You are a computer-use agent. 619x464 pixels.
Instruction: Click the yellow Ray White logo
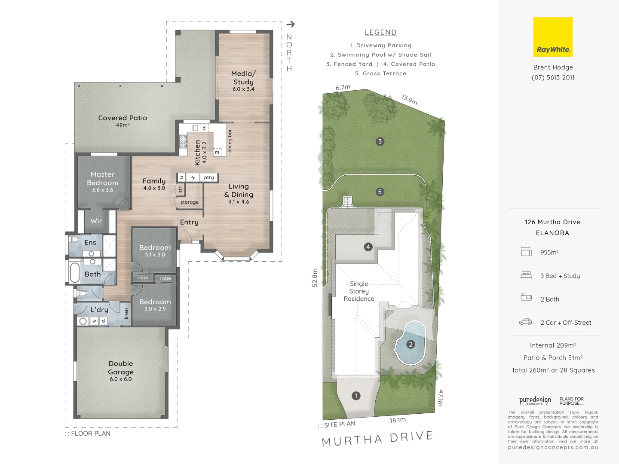coord(553,37)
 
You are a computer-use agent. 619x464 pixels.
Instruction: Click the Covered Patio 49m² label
coord(123,121)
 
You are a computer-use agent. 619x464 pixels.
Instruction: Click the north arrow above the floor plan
coord(291,24)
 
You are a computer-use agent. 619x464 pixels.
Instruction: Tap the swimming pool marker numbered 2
coord(411,344)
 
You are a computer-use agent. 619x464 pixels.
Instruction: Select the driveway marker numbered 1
coord(356,396)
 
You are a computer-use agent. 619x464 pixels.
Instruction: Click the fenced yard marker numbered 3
coord(380,141)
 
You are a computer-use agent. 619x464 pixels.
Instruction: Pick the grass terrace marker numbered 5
coord(380,192)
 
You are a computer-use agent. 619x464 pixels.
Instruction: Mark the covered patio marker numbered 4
coord(368,247)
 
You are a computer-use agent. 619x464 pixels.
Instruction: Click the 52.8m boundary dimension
coord(315,278)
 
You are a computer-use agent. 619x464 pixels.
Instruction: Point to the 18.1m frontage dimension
coord(398,420)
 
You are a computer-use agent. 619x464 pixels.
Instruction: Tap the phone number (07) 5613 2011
coord(553,78)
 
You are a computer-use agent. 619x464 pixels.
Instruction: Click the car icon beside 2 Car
coord(526,322)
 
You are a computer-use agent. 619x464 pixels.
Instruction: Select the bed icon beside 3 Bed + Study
coord(526,275)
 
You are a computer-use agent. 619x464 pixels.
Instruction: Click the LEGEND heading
coord(380,32)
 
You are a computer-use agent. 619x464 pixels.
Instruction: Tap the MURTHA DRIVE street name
coord(377,439)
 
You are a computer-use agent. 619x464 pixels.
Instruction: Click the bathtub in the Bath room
coord(75,272)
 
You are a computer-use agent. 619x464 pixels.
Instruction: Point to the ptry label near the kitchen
coord(209,177)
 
